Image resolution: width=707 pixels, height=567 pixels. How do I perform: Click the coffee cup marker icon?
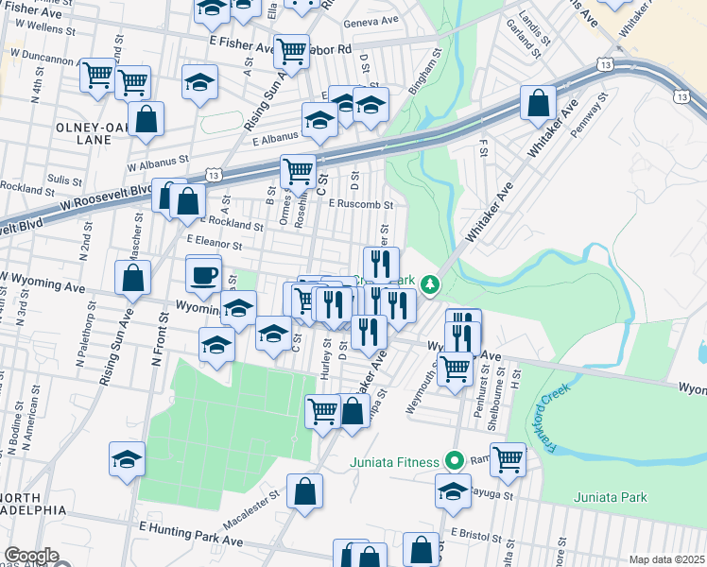point(203,276)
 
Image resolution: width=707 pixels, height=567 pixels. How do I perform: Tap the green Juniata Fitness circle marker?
point(454,462)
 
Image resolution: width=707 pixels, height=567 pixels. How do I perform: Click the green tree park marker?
point(430,283)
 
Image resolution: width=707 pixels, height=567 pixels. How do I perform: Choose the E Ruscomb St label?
point(360,203)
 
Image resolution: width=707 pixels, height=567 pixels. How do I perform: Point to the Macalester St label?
point(252,508)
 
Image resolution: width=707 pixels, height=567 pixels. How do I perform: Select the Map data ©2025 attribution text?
point(666,559)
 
